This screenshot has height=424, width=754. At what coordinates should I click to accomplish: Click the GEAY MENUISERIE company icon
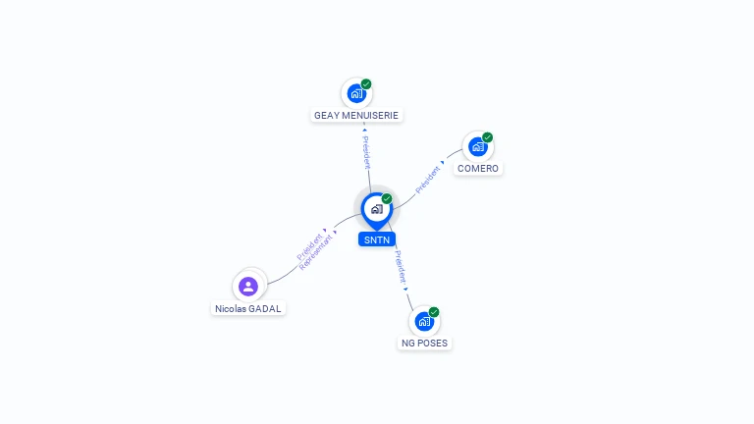(356, 93)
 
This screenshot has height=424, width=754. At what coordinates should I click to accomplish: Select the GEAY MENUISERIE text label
(356, 116)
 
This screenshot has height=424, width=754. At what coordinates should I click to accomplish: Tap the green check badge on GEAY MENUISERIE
(366, 84)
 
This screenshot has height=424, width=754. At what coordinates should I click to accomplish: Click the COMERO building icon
(478, 146)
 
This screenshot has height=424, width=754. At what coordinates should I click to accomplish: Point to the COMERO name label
(478, 169)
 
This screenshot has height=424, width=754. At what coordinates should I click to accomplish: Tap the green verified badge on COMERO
(488, 137)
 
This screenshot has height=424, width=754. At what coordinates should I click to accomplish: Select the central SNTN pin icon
(376, 209)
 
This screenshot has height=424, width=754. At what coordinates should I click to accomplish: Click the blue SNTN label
(377, 239)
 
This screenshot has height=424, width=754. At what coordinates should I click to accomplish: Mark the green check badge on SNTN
(387, 199)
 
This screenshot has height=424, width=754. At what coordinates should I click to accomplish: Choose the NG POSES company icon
(424, 321)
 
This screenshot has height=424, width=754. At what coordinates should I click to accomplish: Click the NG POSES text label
(425, 344)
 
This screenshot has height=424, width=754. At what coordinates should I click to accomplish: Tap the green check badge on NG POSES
(434, 312)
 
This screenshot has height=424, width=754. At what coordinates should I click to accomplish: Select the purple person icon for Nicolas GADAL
(248, 286)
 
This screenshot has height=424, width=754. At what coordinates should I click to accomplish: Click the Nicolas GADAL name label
(249, 308)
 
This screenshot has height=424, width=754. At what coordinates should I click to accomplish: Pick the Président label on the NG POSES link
(401, 266)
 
